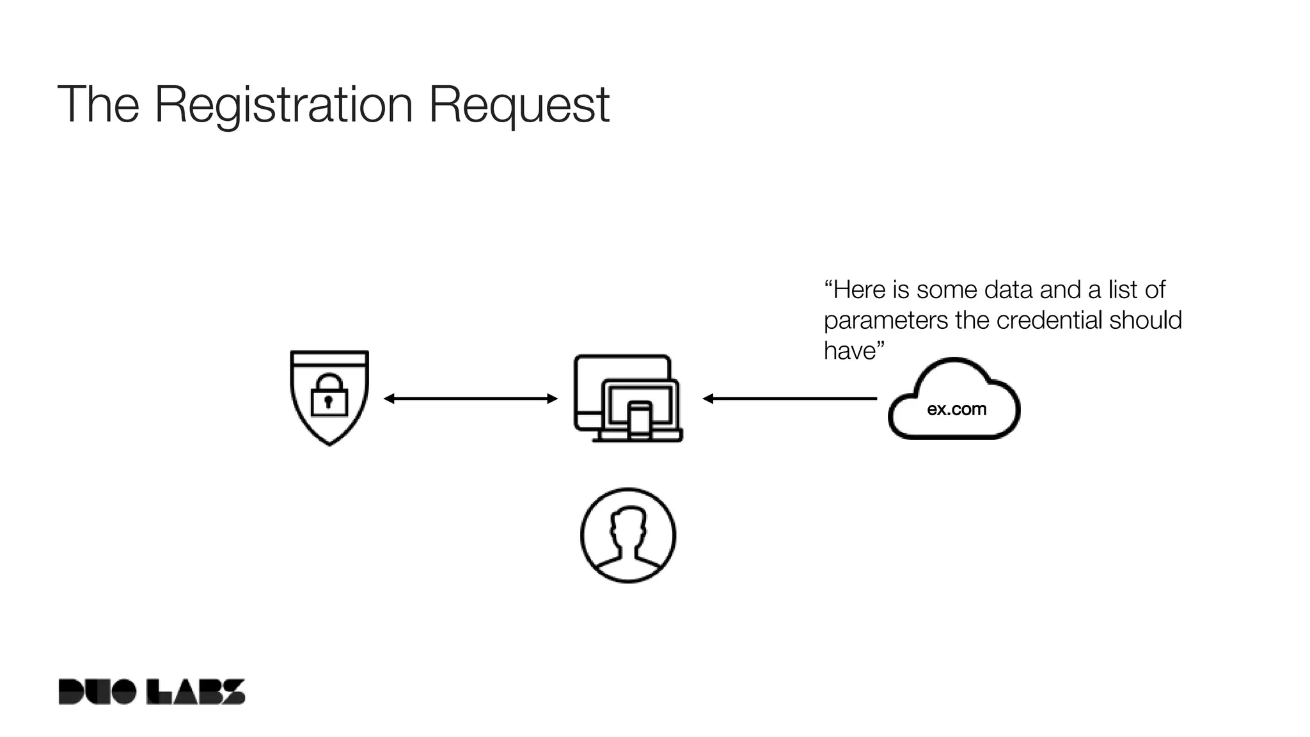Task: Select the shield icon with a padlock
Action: click(329, 397)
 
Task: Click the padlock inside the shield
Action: click(329, 396)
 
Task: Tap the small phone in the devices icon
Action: click(639, 420)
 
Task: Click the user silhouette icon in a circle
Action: click(628, 535)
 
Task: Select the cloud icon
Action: click(954, 399)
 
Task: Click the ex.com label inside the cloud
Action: click(956, 409)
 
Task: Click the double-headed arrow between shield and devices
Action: click(471, 399)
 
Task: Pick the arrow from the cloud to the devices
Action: click(790, 399)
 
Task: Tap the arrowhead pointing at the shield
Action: click(388, 399)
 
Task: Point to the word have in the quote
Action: click(849, 351)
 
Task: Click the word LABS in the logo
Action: click(196, 692)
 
